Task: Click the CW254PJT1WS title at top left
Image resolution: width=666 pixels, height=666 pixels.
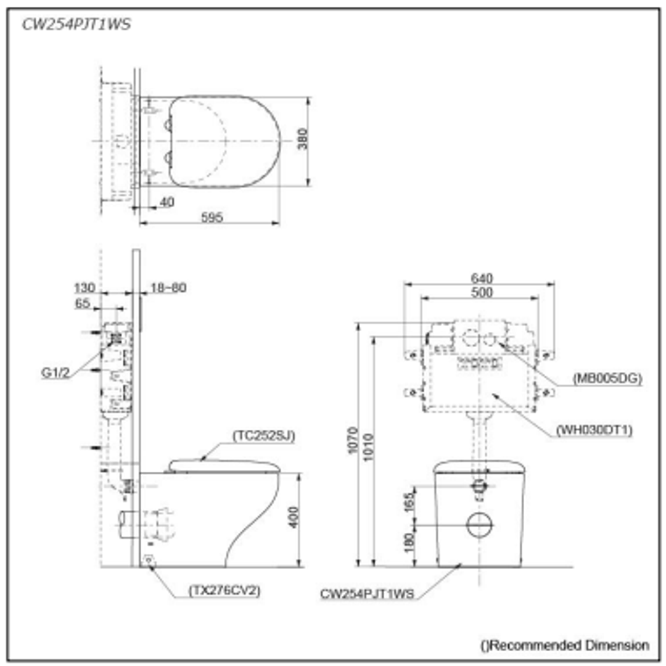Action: (x=76, y=25)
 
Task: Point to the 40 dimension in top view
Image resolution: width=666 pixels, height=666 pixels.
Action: (x=166, y=202)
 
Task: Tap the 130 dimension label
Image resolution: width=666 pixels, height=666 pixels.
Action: (x=85, y=288)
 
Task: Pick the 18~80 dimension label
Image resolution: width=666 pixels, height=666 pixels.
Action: (x=168, y=288)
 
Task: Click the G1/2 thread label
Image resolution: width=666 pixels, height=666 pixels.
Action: (x=55, y=372)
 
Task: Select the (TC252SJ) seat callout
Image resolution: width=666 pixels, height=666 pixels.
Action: (x=264, y=435)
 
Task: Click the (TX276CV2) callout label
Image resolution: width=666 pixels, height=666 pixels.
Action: (x=224, y=590)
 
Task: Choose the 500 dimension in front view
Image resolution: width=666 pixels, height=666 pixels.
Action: (x=481, y=293)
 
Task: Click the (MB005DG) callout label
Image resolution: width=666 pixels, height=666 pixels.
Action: (x=607, y=379)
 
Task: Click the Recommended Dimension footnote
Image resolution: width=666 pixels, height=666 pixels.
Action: (x=565, y=645)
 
